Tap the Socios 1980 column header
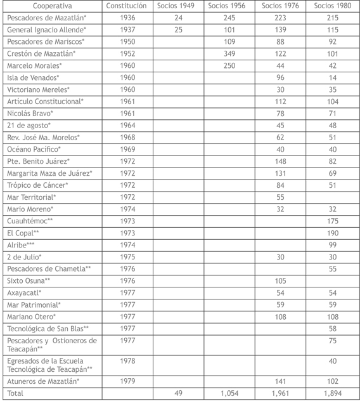pos(332,6)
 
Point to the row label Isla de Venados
pos(33,77)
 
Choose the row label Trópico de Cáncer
pos(38,185)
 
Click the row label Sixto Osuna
pos(29,280)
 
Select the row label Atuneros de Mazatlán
pos(42,381)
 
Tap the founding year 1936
pos(127,18)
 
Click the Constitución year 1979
pos(127,381)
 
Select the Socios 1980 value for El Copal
pos(332,233)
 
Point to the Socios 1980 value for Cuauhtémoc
pos(332,221)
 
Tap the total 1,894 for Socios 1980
pos(332,393)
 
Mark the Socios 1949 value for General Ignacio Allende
pos(178,30)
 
